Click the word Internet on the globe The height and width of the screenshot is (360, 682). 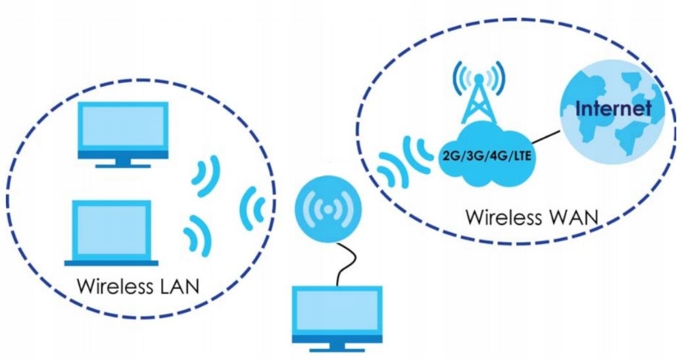click(x=613, y=108)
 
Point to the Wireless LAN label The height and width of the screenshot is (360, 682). click(x=139, y=287)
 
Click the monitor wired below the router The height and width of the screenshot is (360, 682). click(x=337, y=315)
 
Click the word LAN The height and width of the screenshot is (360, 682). click(x=179, y=287)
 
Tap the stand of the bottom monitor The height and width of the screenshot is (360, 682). click(x=337, y=346)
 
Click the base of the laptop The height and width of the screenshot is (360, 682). click(x=111, y=261)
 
